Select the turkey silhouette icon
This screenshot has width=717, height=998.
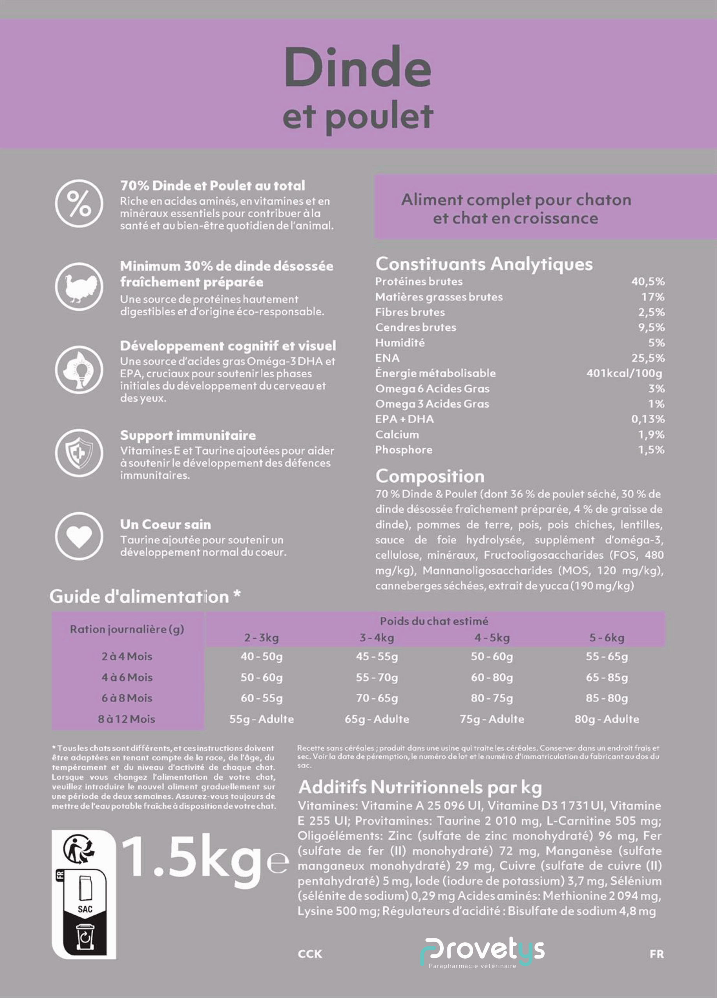pos(79,287)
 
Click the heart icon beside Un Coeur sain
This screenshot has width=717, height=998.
pos(79,536)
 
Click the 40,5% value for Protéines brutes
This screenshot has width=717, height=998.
pos(648,281)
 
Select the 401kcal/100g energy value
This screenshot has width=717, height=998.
pos(624,373)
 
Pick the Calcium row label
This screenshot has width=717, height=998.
pos(397,434)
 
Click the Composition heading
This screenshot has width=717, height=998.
pos(430,476)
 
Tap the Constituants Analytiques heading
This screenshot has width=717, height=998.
pos(484,264)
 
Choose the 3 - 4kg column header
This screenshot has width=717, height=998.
pos(377,638)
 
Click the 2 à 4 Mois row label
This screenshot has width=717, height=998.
pos(127,656)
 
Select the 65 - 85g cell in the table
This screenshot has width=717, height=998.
pos(607,677)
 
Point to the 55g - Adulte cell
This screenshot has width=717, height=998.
pos(262,719)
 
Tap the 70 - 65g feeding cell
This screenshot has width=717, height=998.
pos(377,698)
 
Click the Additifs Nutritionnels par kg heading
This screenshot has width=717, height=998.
pos(420,787)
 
